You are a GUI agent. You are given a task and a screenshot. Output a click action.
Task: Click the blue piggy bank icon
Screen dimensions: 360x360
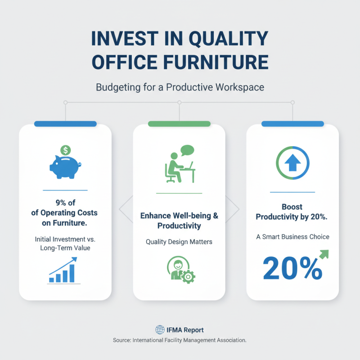(65, 167)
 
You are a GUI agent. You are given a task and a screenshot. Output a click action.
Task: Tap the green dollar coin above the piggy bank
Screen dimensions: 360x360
(66, 150)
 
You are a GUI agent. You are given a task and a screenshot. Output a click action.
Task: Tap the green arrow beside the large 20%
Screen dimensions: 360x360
(323, 255)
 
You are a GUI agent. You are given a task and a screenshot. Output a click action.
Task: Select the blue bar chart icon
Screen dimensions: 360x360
(63, 271)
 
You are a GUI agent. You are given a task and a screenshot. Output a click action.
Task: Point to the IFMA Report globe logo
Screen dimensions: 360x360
(160, 330)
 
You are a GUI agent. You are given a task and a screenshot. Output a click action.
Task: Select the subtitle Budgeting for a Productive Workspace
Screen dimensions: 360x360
(180, 87)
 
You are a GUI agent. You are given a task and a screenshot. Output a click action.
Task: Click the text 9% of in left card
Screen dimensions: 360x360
(65, 202)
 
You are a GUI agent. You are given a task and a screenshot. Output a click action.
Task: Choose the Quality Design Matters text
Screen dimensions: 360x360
(179, 242)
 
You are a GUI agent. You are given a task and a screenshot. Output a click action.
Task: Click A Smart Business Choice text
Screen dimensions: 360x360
(292, 237)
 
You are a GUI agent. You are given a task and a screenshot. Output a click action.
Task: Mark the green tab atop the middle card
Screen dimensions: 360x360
(179, 124)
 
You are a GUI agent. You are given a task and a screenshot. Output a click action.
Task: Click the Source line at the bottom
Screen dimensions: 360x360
(180, 341)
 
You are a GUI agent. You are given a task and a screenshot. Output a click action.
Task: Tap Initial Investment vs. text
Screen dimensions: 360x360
(65, 238)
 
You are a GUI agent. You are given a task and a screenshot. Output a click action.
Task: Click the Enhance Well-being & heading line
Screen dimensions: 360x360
(179, 216)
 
